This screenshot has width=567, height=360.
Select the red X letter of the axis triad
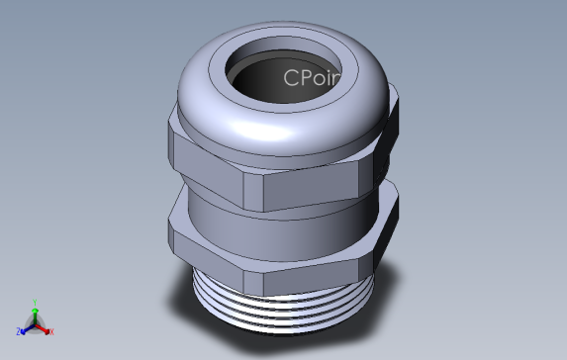pos(51,331)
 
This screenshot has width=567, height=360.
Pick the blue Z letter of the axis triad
pos(19,332)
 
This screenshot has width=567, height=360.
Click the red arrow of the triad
pos(45,327)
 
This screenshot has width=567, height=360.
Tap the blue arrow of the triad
pos(26,328)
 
